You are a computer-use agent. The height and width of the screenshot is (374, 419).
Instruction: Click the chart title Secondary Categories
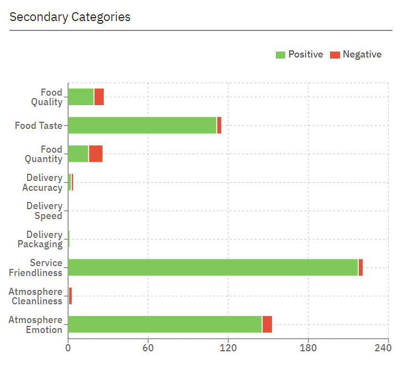(x=70, y=17)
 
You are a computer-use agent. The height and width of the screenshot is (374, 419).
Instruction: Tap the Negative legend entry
(x=356, y=54)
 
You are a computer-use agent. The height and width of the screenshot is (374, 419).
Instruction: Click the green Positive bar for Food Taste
(x=142, y=126)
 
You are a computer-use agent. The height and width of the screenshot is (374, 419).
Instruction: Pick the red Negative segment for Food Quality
(x=99, y=97)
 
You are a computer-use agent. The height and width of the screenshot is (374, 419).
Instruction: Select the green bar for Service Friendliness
(x=213, y=267)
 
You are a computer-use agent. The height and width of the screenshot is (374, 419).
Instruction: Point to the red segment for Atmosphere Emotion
(x=267, y=324)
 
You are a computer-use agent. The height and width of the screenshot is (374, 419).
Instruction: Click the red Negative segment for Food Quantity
(x=96, y=154)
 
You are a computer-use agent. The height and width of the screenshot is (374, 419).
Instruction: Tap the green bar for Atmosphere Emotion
(x=165, y=324)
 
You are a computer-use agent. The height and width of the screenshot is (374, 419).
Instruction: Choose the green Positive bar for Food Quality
(x=81, y=97)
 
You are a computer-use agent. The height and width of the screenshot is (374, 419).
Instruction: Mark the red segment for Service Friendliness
(x=360, y=267)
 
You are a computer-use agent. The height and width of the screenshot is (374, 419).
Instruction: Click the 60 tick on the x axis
(x=148, y=348)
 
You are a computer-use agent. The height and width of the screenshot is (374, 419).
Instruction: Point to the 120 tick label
(x=228, y=348)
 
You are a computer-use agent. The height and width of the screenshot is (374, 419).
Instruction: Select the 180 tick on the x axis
(x=308, y=348)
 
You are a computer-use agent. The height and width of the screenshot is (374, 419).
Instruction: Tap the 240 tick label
(x=383, y=348)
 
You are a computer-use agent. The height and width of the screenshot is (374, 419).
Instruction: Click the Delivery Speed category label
(x=44, y=211)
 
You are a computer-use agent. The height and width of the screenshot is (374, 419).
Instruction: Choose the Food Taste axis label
(x=39, y=126)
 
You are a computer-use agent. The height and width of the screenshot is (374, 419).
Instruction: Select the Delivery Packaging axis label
(x=40, y=239)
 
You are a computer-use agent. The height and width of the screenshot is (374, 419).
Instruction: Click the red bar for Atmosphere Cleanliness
(x=70, y=296)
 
